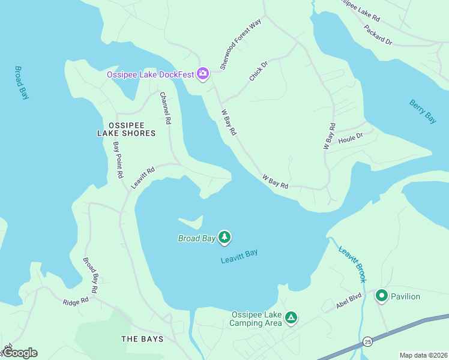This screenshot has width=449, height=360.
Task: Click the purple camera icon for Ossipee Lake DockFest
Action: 203,74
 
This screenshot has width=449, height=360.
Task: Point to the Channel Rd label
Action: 165,108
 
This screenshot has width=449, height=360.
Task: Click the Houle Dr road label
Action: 351,137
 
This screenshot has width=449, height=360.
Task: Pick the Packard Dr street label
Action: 378,34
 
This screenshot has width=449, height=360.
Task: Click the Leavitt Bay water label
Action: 239,256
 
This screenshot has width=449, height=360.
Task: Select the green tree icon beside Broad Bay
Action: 224,238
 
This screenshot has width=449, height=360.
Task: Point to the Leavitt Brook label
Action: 352,264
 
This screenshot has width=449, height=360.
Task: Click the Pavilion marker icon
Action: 381,296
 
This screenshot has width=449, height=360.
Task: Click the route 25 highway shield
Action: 367,341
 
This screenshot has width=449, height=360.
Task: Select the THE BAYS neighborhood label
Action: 142,339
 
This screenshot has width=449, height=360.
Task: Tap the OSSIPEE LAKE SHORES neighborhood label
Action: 126,128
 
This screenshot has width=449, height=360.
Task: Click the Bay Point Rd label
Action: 118,160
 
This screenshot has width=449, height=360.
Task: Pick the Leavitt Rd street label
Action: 143,178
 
